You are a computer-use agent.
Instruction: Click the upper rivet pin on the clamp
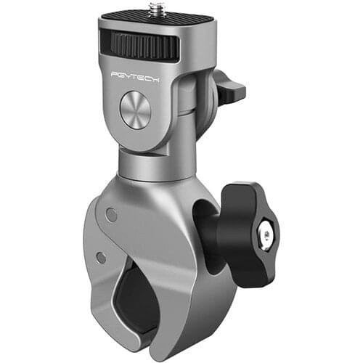pos(110,215)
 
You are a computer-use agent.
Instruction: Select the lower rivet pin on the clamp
pos(102,257)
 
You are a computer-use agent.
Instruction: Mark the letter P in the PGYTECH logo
pos(113,75)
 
